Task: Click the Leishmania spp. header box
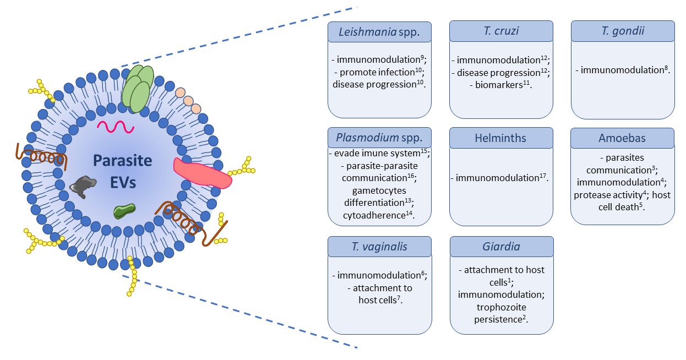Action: [x=379, y=31]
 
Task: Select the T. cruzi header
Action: [x=501, y=31]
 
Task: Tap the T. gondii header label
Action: [x=623, y=31]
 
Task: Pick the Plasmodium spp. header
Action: [x=379, y=138]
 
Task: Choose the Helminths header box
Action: [x=501, y=138]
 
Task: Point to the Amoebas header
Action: [x=623, y=138]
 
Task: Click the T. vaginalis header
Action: [x=379, y=246]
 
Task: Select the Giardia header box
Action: [x=501, y=246]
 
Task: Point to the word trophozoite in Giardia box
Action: [x=501, y=307]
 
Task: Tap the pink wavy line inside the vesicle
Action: [x=116, y=127]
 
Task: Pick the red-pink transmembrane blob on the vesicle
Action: [x=203, y=173]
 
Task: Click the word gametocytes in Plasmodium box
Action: [x=379, y=190]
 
